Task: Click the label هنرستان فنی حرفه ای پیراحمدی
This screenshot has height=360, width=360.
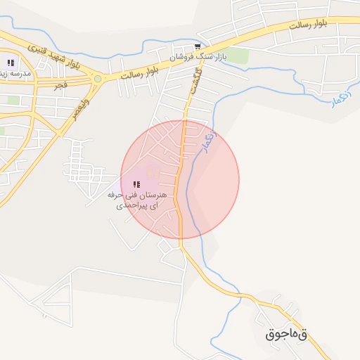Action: [x=136, y=198]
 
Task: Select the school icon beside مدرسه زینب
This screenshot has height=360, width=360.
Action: [x=11, y=63]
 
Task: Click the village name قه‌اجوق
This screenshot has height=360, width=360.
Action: [x=286, y=334]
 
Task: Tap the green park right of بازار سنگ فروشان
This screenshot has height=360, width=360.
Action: [x=239, y=56]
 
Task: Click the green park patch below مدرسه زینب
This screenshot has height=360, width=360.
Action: [x=13, y=100]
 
